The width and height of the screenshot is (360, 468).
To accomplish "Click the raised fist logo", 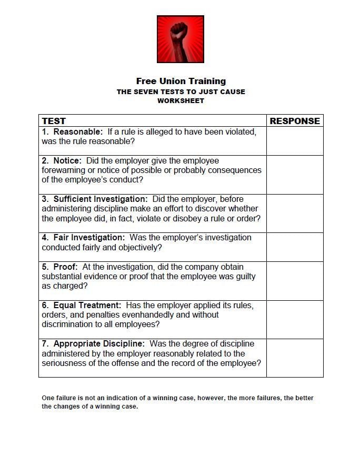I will pyautogui.click(x=181, y=39).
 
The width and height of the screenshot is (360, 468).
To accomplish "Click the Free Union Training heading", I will pyautogui.click(x=181, y=81).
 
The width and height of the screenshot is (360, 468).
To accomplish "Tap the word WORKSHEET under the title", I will pyautogui.click(x=181, y=100).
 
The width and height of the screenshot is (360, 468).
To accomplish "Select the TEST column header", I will pyautogui.click(x=54, y=121).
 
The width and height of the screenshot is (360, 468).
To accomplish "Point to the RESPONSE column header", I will pyautogui.click(x=295, y=121).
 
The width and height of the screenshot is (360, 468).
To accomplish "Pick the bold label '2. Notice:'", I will pyautogui.click(x=62, y=160).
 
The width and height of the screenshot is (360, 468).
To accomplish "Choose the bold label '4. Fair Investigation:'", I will pyautogui.click(x=83, y=238).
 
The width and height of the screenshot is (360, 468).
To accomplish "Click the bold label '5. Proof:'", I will pyautogui.click(x=59, y=267).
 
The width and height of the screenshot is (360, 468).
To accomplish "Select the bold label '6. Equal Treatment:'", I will pyautogui.click(x=82, y=305).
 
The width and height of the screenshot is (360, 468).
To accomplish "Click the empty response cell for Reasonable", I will pyautogui.click(x=295, y=141).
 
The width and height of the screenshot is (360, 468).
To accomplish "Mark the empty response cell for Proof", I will pyautogui.click(x=295, y=281).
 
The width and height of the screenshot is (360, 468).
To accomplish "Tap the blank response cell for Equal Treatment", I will pyautogui.click(x=295, y=319).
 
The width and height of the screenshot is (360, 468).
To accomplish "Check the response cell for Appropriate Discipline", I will pyautogui.click(x=295, y=358).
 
